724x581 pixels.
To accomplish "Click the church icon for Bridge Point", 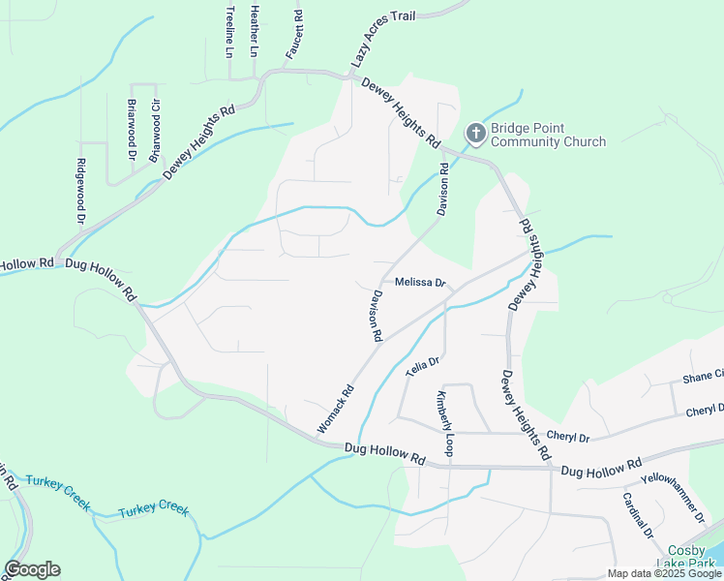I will pos(475,132).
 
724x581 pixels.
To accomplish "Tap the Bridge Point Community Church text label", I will pos(548,136).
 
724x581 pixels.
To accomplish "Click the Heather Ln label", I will pos(255,29).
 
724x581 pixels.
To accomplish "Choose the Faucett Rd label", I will pos(298,33).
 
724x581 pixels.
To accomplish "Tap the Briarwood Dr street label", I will pos(131,126).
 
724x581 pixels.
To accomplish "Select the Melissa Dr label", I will pos(419,284).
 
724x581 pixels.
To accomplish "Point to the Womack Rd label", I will pos(336,410).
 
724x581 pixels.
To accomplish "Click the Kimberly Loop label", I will pos(444,424).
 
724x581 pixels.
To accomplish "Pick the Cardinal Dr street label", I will pos(638,515).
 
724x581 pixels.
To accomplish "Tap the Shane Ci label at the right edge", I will pos(703,376).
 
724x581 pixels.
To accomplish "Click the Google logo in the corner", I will pos(32,569).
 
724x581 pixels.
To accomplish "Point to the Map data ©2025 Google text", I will pos(664,573).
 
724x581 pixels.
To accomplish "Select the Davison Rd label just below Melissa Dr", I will pos(376,316).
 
